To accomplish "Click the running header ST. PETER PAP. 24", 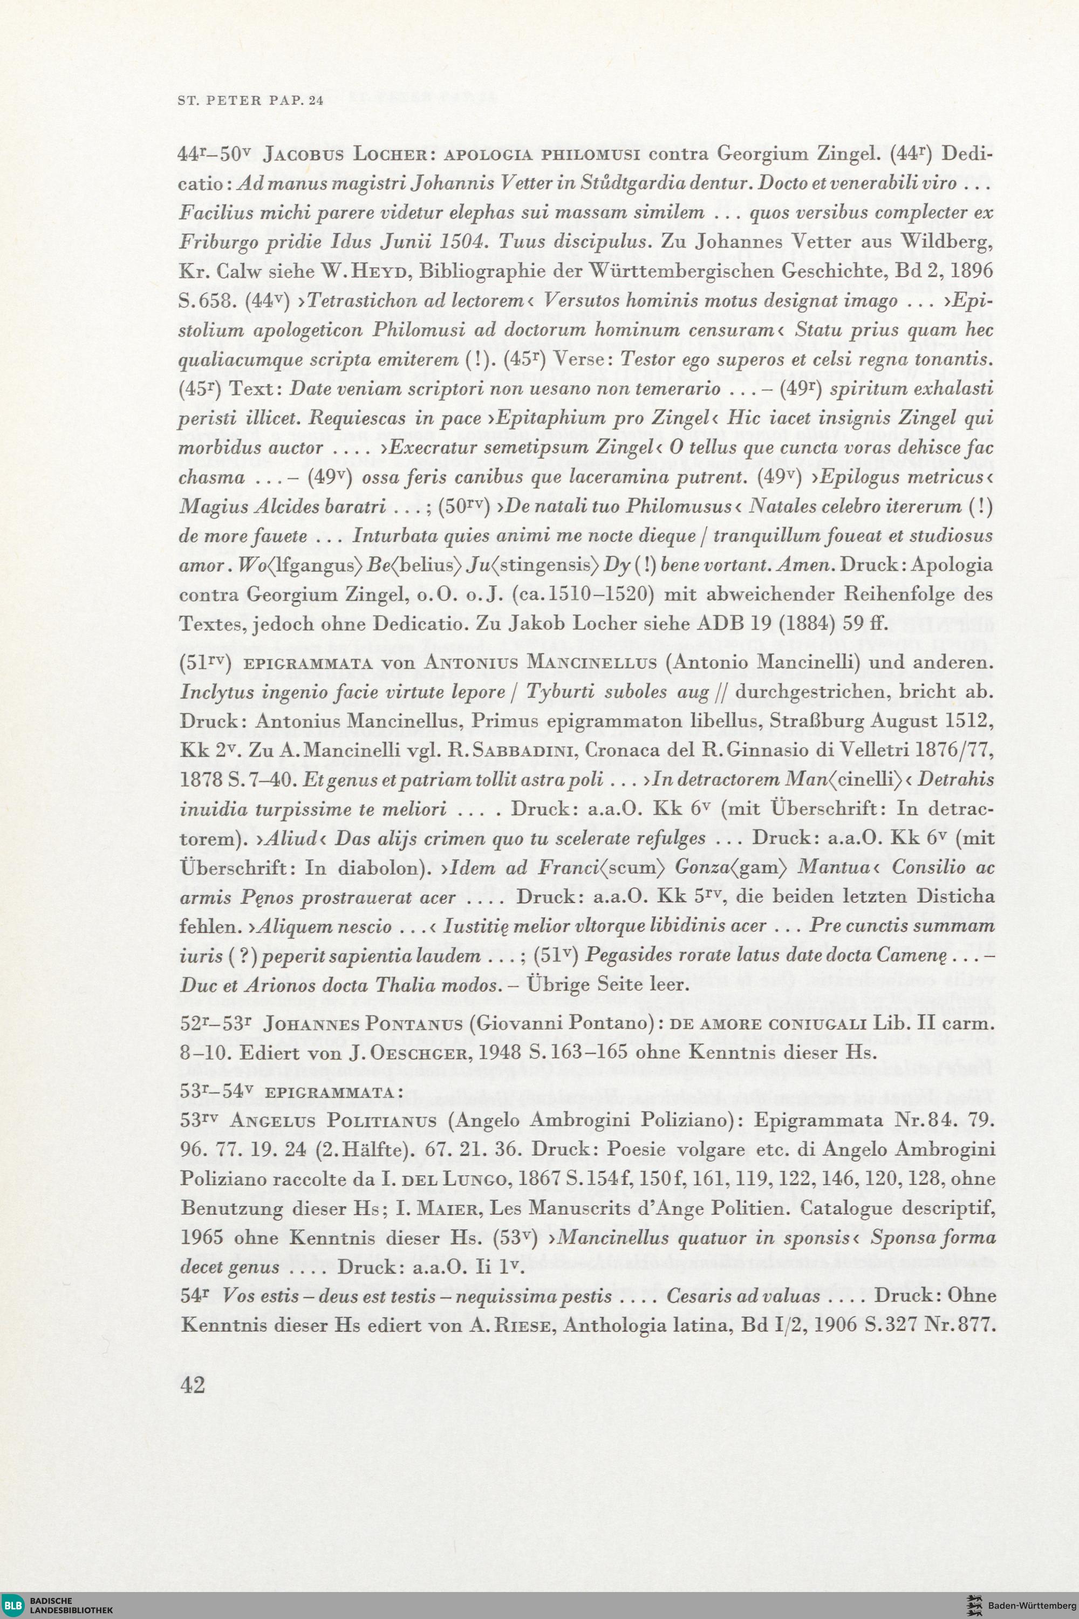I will click(250, 100).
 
